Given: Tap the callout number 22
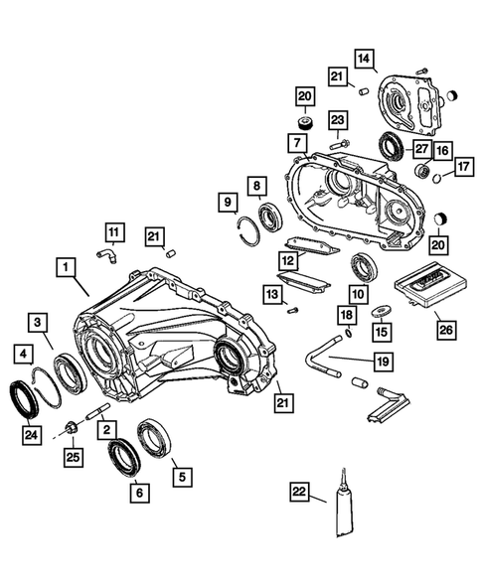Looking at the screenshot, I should [x=298, y=491].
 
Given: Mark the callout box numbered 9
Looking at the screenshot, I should [x=228, y=204].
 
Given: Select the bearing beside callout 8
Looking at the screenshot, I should [x=268, y=216].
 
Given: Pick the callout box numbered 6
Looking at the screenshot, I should [x=137, y=491].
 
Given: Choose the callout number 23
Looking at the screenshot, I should [x=338, y=121].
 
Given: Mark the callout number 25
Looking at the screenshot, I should [x=71, y=457].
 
